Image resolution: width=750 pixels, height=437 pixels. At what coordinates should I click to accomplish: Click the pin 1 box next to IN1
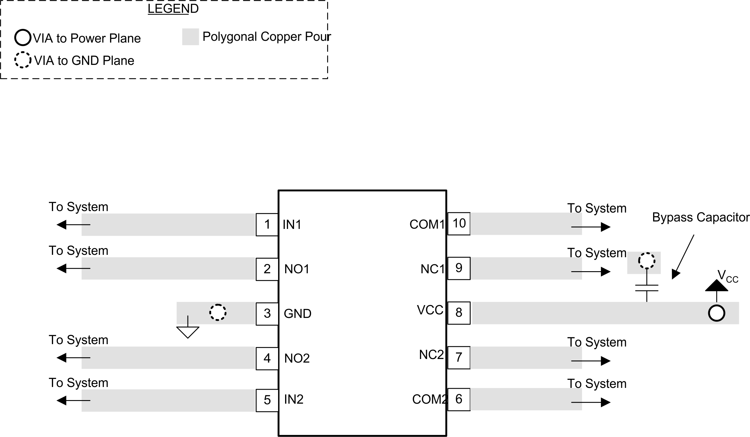(267, 224)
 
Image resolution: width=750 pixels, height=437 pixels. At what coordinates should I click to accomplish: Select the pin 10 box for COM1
(459, 224)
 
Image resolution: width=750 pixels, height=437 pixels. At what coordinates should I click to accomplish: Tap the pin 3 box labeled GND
(267, 313)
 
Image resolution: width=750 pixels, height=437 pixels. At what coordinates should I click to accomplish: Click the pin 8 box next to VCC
(459, 313)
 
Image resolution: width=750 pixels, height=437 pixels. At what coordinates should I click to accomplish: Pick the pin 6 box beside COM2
(459, 399)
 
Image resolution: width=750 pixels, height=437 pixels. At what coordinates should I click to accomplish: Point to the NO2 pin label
(297, 358)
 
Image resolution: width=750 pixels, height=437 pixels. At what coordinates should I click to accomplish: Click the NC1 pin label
(432, 269)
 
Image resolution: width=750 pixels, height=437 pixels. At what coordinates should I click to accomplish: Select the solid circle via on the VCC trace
(716, 313)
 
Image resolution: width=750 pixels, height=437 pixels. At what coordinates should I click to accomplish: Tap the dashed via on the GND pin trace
(218, 313)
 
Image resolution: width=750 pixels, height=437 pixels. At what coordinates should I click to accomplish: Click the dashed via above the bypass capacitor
(647, 261)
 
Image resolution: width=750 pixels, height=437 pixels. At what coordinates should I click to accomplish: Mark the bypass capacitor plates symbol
(647, 288)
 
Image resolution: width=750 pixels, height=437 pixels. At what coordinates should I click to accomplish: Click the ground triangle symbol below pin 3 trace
(188, 332)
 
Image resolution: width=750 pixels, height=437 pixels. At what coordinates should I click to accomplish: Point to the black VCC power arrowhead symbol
(716, 285)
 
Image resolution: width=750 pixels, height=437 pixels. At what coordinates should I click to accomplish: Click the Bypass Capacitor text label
(700, 217)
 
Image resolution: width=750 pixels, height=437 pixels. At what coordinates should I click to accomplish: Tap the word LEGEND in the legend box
(173, 9)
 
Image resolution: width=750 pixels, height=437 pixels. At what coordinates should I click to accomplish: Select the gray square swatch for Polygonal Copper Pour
(190, 37)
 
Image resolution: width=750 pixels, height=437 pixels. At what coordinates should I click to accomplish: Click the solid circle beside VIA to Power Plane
(23, 38)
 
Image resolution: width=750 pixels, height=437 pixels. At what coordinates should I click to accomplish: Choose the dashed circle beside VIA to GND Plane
(23, 60)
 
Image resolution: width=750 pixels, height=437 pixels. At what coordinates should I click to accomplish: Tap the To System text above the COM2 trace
(596, 383)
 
